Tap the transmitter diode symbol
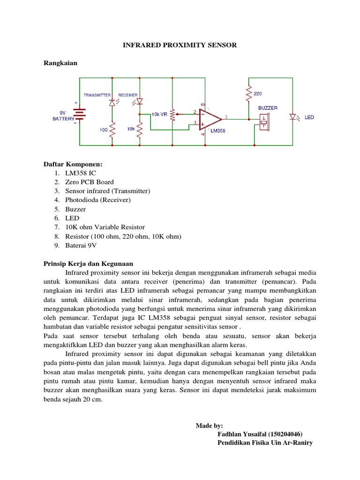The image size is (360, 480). tap(112, 102)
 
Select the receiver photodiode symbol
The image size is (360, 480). tap(139, 102)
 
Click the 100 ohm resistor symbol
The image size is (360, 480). tap(112, 131)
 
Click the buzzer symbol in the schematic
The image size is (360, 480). tap(264, 122)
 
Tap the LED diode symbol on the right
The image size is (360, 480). tap(293, 117)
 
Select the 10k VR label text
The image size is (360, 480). tap(159, 114)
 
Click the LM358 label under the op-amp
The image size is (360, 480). tap(217, 131)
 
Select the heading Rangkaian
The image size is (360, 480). tap(60, 62)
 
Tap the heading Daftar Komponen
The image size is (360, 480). tap(73, 164)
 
